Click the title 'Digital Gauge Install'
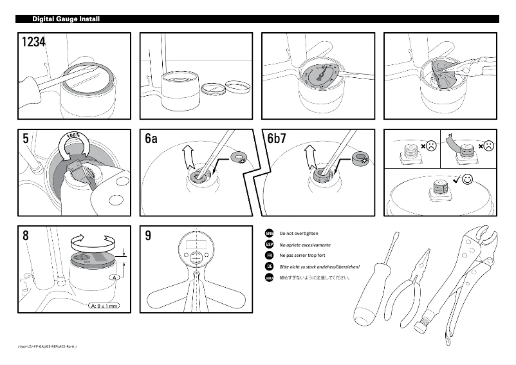point(66,19)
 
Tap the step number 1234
point(33,42)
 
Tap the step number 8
point(25,236)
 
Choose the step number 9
point(148,236)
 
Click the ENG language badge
point(270,233)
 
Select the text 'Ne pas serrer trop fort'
point(302,256)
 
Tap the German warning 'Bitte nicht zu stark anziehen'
point(319,267)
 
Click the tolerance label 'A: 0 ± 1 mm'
point(103,306)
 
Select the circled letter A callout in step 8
point(115,277)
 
